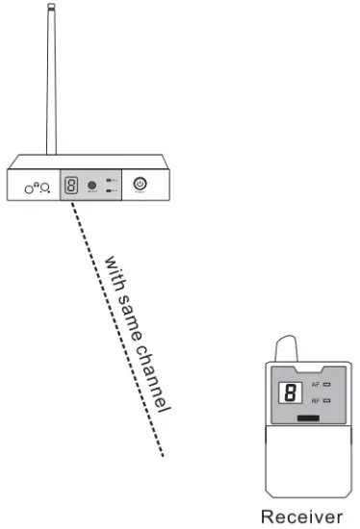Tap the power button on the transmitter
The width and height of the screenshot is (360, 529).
coord(139,183)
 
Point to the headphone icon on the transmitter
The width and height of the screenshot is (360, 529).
coord(37,188)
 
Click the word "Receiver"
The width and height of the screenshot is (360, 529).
coord(301,516)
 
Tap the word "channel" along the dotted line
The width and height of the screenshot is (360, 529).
coord(155,376)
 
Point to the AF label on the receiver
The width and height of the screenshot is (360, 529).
coord(314,384)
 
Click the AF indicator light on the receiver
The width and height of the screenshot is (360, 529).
coord(326,384)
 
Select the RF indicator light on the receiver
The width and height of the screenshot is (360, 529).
coord(326,398)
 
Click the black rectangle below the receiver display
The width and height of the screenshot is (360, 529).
coord(308,418)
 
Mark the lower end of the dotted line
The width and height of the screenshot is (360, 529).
coord(165,454)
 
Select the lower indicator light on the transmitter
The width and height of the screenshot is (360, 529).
coord(113,190)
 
